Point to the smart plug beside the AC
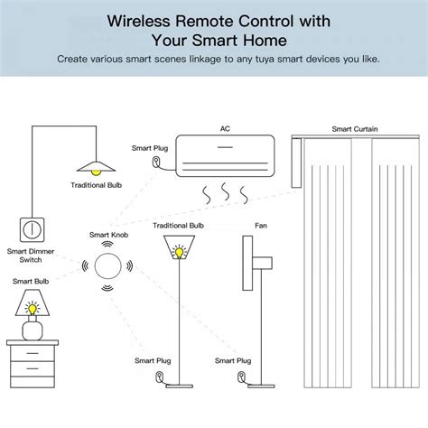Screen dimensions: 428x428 tap(158, 163)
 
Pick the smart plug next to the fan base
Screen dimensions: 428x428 tap(241, 378)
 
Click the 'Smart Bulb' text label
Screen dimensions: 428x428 tap(31, 282)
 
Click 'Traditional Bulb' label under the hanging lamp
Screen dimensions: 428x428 tap(96, 185)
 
